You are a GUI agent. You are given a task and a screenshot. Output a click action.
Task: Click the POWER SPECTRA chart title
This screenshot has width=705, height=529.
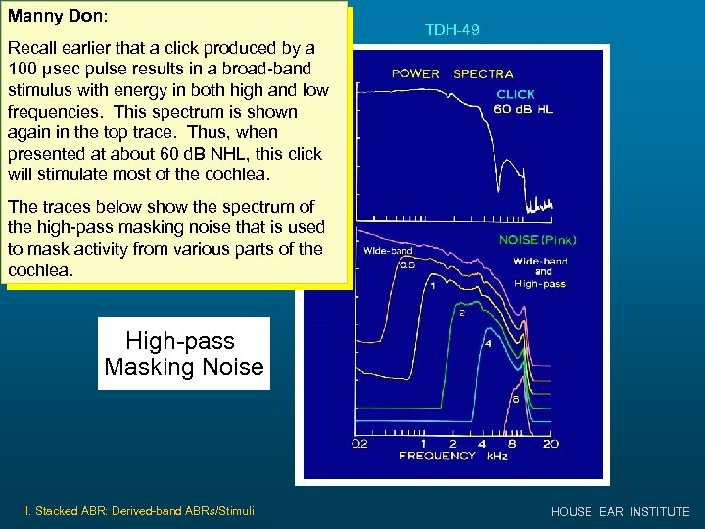pyautogui.click(x=452, y=73)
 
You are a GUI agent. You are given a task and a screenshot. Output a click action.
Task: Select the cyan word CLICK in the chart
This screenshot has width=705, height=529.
pyautogui.click(x=515, y=94)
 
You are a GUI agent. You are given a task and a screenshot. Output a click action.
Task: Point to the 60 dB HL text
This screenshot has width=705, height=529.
pyautogui.click(x=525, y=109)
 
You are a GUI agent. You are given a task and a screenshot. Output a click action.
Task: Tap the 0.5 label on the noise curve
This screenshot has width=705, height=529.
pyautogui.click(x=404, y=264)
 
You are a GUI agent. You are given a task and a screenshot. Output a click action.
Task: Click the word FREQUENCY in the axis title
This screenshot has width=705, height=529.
pyautogui.click(x=437, y=456)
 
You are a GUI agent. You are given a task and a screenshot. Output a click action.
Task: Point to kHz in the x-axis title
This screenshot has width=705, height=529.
pyautogui.click(x=497, y=456)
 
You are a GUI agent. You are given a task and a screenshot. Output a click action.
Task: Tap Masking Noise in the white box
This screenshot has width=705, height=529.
pyautogui.click(x=183, y=367)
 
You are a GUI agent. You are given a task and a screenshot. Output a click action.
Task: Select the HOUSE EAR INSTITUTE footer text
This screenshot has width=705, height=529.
pyautogui.click(x=620, y=512)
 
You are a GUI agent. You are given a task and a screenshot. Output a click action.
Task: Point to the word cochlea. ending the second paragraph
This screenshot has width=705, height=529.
pyautogui.click(x=40, y=269)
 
